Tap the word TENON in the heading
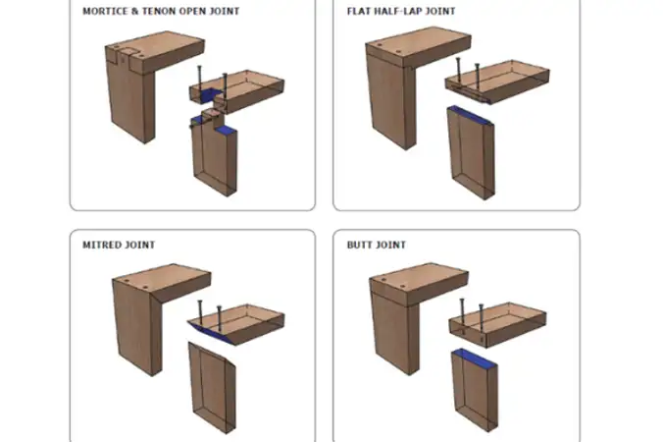point(159,11)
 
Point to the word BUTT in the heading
point(359,245)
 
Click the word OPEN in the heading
point(192,11)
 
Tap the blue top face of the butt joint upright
point(476,358)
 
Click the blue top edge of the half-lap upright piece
point(471,115)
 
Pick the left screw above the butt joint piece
point(462,312)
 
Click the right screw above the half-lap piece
point(477,77)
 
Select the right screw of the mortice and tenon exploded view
point(225,86)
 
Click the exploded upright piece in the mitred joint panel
point(212,388)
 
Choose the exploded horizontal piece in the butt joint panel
point(497,324)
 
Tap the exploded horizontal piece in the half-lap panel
point(497,82)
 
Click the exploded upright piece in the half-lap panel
point(471,153)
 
